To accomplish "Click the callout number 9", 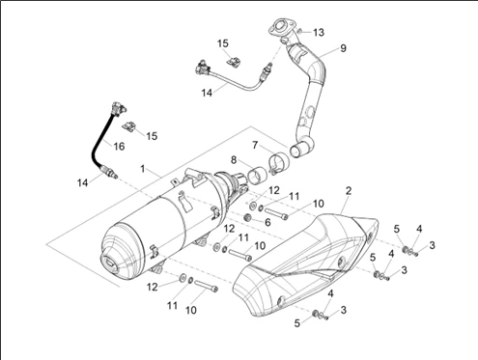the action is click(343, 48).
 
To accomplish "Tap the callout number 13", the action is click(319, 33).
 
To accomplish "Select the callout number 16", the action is click(119, 147).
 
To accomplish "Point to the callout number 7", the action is click(255, 145).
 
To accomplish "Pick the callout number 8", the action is click(234, 160).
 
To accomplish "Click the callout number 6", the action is click(267, 222).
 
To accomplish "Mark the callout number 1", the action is click(143, 169).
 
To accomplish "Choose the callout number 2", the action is click(349, 191).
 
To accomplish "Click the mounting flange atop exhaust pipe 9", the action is click(280, 28).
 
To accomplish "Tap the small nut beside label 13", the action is click(299, 31).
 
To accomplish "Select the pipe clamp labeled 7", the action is click(278, 163).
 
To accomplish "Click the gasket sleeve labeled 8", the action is click(256, 177).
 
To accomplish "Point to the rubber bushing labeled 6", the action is click(248, 217).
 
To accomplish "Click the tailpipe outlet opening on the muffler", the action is click(110, 263).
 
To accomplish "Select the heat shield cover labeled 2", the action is click(306, 265).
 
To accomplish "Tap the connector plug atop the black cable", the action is click(118, 109).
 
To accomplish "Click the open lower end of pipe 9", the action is click(297, 151).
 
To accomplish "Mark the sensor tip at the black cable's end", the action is click(108, 172).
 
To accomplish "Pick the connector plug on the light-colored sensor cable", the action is click(203, 68).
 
